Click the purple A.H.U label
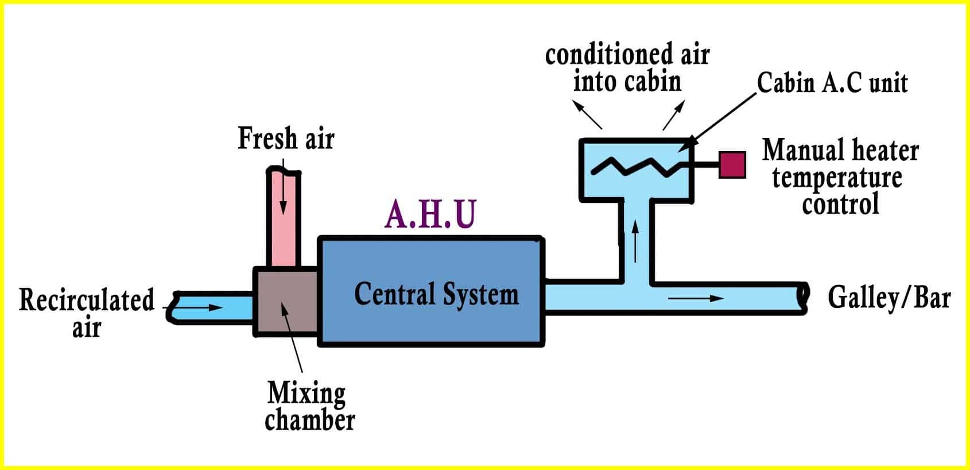coord(430,214)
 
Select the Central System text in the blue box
coord(436,294)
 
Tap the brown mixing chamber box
coord(286,301)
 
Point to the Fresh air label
coord(286,138)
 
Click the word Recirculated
coord(87,300)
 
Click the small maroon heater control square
coord(732,165)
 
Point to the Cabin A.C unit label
coord(832,83)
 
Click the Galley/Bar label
coord(888,298)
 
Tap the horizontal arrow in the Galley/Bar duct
coord(696,298)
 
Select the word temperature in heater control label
coord(837,178)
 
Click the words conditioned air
coord(627,55)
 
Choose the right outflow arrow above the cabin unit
coord(674,115)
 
